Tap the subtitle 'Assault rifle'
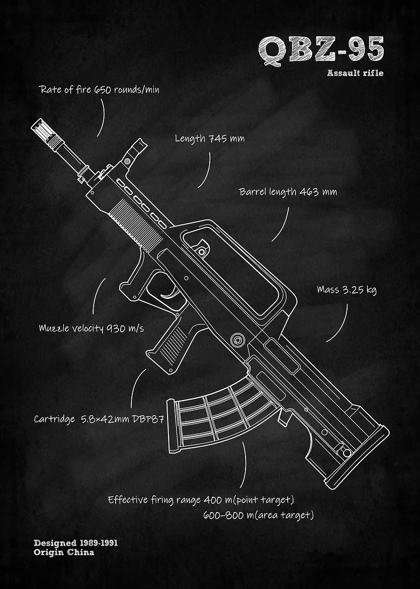(x=355, y=74)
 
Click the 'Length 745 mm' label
(x=209, y=139)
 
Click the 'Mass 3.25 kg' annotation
(x=346, y=290)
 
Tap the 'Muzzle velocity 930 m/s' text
(x=91, y=328)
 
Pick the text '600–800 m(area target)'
(x=258, y=515)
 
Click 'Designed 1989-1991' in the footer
(x=75, y=543)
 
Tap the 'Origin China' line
(x=64, y=552)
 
